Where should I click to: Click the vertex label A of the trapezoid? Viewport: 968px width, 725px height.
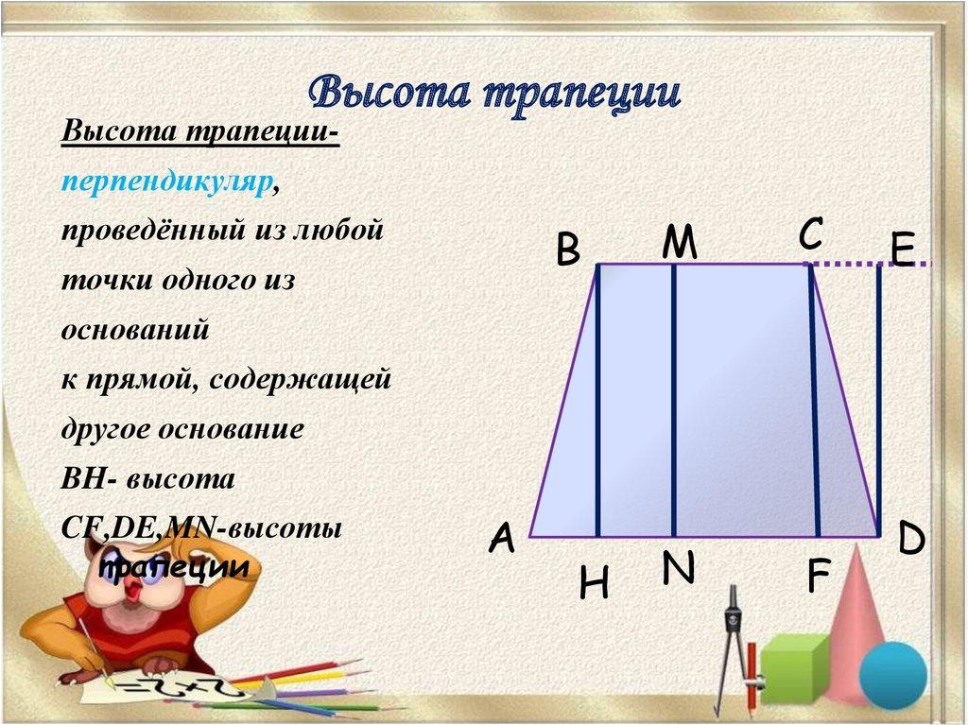[x=501, y=539]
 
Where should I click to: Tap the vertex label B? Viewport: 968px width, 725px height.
[x=567, y=251]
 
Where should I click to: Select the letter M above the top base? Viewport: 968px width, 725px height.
[x=679, y=244]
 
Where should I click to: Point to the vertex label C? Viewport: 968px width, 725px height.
[x=810, y=233]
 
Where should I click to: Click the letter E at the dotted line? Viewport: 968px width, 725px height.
[x=902, y=251]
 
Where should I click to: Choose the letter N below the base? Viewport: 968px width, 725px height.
[x=678, y=569]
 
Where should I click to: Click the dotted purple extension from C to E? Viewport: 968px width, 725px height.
[x=870, y=265]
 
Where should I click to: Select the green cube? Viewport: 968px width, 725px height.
[x=794, y=668]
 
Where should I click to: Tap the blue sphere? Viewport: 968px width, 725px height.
[x=892, y=675]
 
